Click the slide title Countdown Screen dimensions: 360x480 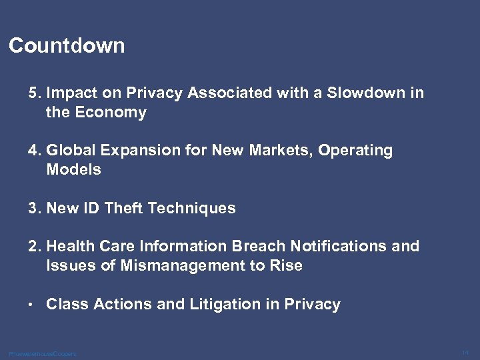tap(67, 46)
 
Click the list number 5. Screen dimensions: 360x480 tap(33, 93)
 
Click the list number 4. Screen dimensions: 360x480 tap(33, 151)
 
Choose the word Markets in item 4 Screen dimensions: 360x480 tap(282, 151)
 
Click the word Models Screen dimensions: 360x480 tap(73, 169)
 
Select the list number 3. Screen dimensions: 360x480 tap(33, 208)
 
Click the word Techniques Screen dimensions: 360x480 tap(191, 208)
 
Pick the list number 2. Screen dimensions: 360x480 tap(33, 247)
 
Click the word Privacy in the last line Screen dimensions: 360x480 tap(312, 305)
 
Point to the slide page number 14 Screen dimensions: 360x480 tap(465, 351)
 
